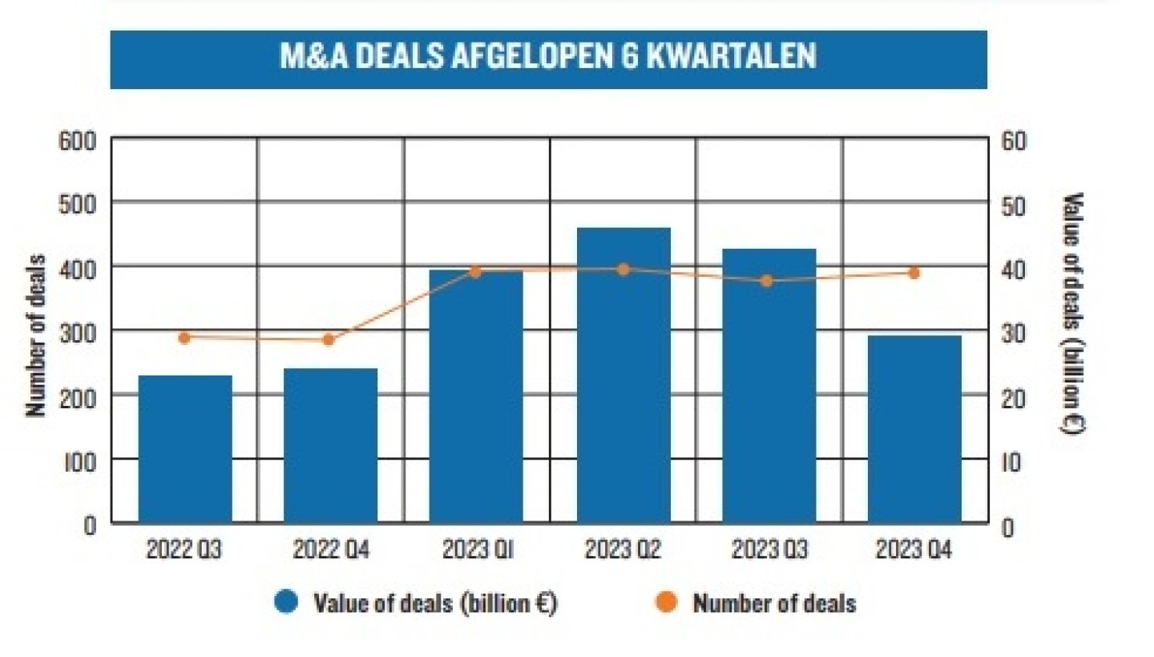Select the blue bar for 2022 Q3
coord(185,449)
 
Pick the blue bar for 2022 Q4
coord(330,446)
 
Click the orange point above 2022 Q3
coord(184,338)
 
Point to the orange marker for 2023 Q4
coord(914,273)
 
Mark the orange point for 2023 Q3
coord(767,281)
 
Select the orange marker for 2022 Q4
coord(328,339)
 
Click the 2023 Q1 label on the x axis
coord(477,551)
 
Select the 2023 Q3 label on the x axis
coord(769,551)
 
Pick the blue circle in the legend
coord(286,602)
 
